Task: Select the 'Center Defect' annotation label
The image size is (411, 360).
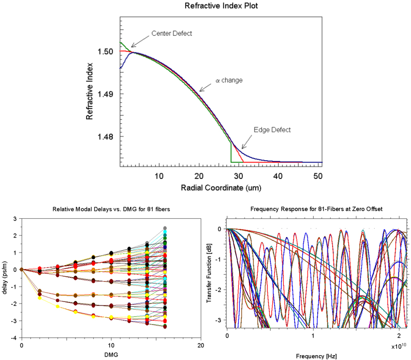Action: coord(172,33)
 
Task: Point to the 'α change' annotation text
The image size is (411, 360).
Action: coord(229,80)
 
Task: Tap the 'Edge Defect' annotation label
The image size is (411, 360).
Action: coord(272,130)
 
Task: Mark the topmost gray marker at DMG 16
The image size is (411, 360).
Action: coord(165,228)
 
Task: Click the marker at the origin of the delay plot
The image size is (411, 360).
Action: coord(22,270)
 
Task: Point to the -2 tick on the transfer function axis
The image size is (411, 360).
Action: coord(220,289)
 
